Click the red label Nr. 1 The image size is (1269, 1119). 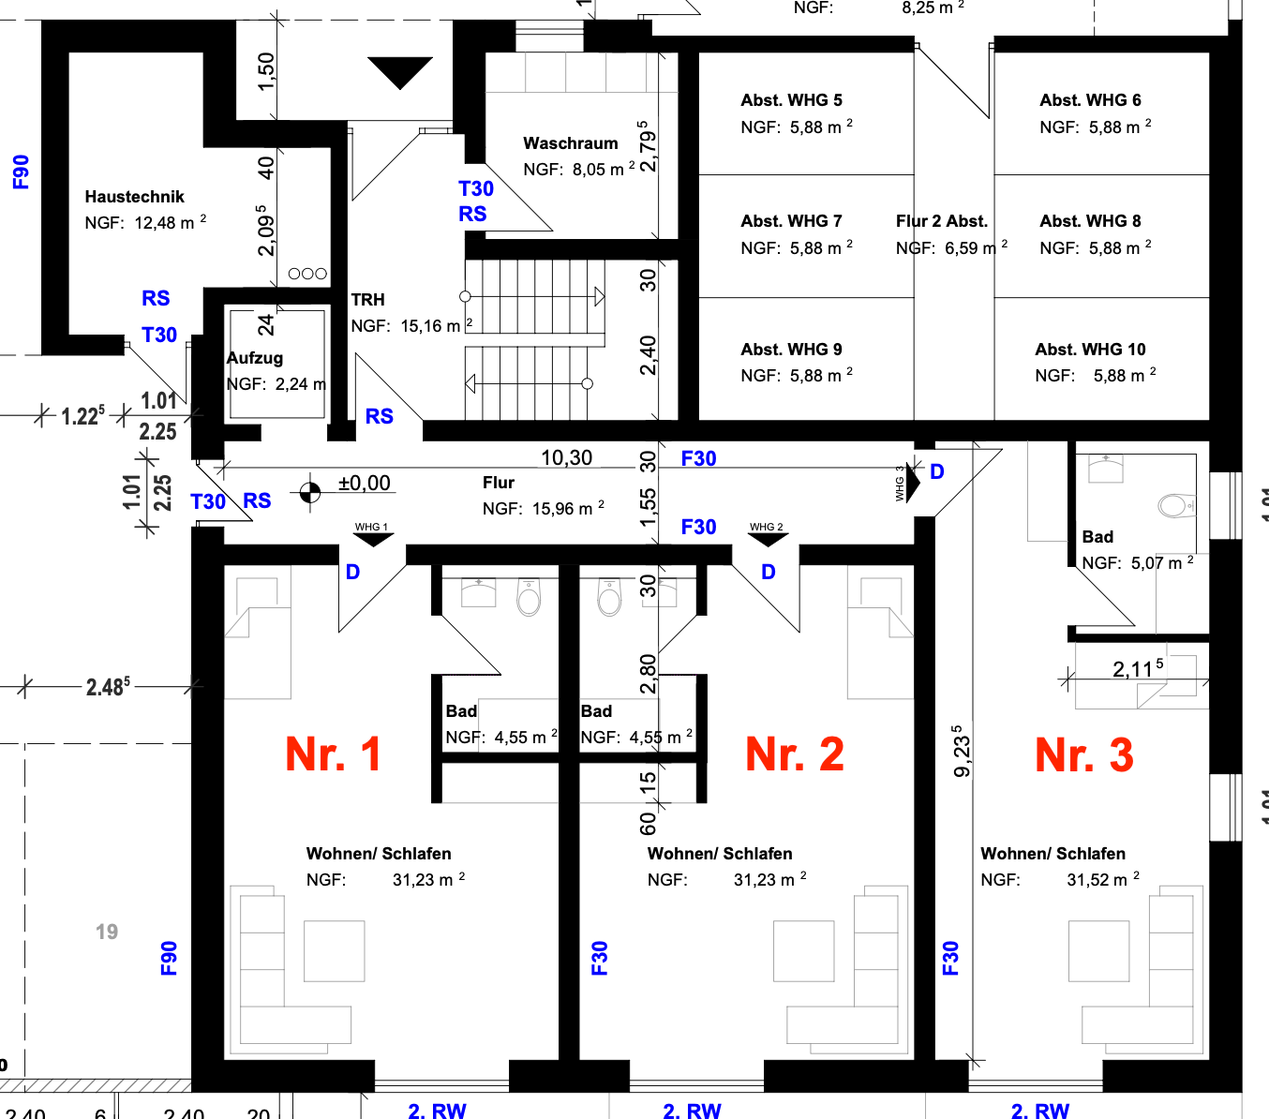pos(333,754)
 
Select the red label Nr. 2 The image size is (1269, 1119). pos(794,754)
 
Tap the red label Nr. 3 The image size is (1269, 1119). pos(1083,754)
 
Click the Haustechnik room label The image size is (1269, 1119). pos(134,197)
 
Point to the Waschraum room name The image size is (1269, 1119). pos(570,143)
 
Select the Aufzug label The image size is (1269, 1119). pos(255,358)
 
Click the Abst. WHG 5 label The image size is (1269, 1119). pos(791,100)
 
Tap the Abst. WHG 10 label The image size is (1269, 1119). pos(1090,350)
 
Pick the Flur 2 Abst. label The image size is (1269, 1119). pos(941,221)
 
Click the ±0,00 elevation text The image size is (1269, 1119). pos(364,484)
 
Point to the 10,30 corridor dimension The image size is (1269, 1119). pos(566,457)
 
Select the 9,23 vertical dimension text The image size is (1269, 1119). pos(962,751)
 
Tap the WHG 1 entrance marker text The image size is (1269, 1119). pos(371,527)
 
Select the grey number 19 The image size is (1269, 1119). pos(107,932)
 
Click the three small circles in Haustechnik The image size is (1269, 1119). pos(307,274)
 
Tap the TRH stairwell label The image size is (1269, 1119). pos(367,300)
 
